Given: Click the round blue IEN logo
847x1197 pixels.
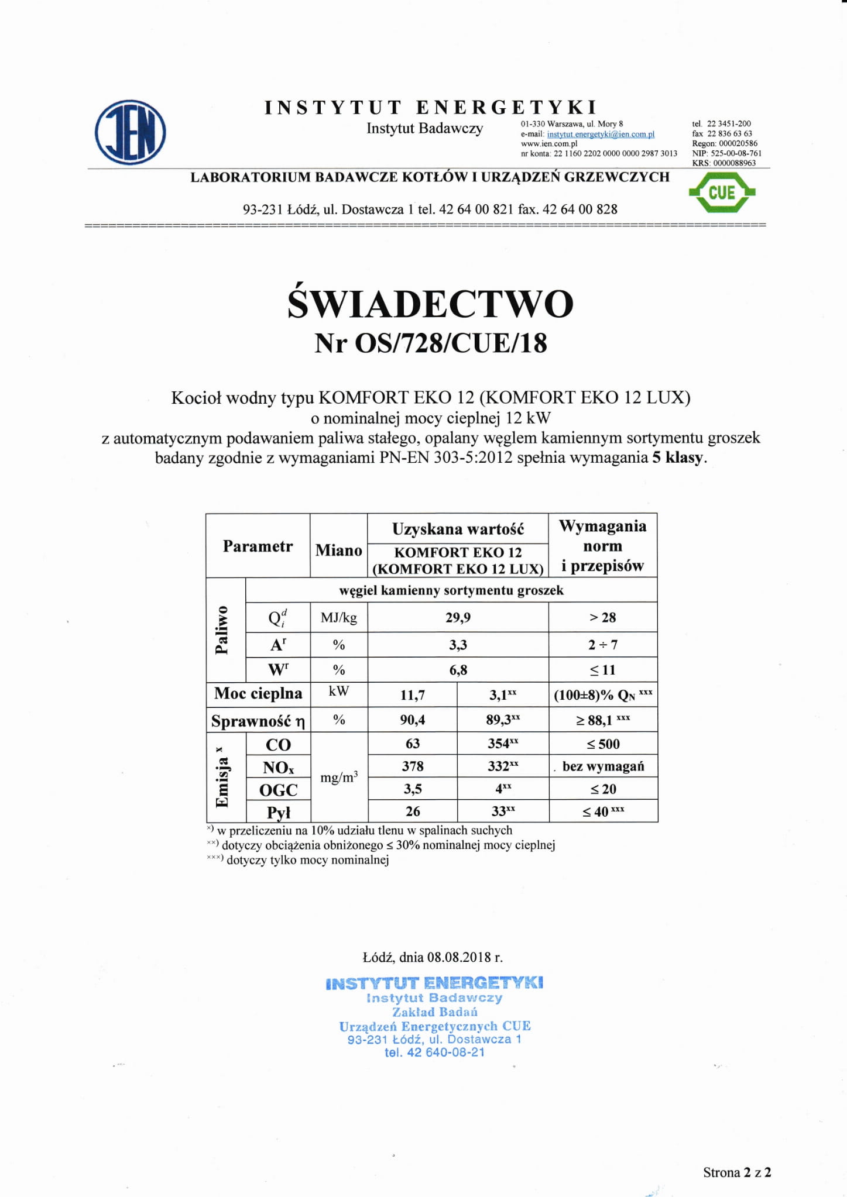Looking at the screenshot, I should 130,132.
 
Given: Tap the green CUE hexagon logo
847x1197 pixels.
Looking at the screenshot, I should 722,192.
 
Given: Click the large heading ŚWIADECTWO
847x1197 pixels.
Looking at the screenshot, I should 430,304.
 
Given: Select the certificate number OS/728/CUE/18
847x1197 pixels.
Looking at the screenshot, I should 451,343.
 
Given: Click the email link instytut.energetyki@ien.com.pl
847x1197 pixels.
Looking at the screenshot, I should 601,134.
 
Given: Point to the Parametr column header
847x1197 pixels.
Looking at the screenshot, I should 258,546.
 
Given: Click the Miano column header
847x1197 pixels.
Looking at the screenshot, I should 338,550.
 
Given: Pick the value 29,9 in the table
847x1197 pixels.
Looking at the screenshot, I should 458,617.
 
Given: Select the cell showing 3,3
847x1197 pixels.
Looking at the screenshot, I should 458,645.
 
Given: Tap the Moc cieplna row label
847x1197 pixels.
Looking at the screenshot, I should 258,694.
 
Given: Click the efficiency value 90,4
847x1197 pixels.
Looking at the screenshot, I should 412,720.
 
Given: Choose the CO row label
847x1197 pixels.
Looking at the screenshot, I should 278,744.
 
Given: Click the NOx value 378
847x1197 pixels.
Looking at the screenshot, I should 412,766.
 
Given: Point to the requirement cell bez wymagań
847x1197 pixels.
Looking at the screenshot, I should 603,766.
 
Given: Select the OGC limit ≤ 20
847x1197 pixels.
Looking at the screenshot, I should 603,789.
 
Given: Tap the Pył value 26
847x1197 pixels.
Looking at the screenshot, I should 412,811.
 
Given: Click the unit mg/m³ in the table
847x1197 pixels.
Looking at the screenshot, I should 339,778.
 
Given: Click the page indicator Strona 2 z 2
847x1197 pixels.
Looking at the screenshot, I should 736,1172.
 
